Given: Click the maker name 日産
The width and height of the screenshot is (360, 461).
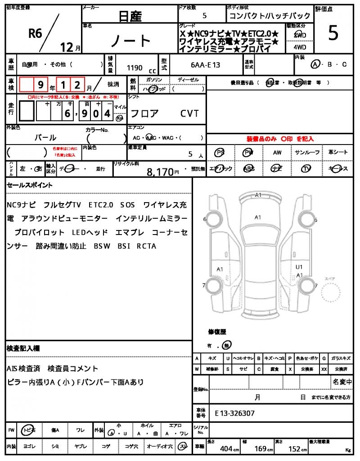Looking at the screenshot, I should [x=130, y=16].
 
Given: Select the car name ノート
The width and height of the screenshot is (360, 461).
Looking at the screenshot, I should [x=130, y=41].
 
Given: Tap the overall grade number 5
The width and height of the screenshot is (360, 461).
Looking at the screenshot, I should [x=333, y=34].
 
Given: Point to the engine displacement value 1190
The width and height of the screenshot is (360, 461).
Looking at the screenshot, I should [x=135, y=68].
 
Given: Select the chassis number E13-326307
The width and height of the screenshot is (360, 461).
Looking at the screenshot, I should [x=234, y=413].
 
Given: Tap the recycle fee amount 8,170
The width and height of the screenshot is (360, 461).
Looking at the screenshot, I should [x=160, y=172].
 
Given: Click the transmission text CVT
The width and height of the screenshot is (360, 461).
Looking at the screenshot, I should [x=189, y=113].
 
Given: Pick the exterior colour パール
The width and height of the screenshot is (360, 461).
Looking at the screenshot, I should [x=45, y=137].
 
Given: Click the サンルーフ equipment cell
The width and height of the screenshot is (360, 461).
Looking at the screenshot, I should [x=307, y=153].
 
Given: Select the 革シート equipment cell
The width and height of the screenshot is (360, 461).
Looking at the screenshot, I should [x=338, y=153].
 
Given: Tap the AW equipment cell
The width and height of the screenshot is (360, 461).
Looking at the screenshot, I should [x=277, y=153].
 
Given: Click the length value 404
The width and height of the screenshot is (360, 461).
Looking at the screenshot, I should [x=226, y=448].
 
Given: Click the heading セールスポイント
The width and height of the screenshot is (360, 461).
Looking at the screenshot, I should [x=29, y=185].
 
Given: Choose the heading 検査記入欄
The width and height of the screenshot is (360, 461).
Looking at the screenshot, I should [x=23, y=348].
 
